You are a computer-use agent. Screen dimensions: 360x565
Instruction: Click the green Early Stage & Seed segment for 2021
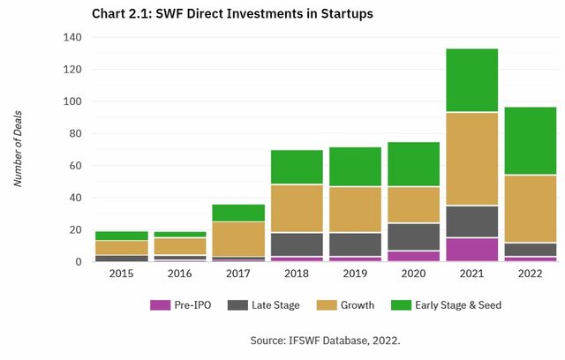pos(471,80)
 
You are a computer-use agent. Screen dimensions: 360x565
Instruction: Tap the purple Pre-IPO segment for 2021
pos(471,250)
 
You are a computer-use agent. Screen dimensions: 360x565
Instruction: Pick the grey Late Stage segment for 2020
pos(413,236)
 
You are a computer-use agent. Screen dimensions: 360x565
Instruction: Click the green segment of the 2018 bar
pos(297,167)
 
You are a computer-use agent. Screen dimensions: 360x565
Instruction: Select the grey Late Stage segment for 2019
pos(355,244)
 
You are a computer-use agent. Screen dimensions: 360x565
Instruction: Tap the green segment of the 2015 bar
pos(122,236)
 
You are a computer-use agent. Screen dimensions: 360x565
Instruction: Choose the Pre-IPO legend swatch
pos(159,305)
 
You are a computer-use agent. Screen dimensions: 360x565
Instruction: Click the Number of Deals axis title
pos(19,150)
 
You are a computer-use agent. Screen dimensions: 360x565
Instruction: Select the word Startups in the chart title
pos(320,13)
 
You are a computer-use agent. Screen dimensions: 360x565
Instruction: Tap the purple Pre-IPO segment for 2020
pos(413,257)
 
